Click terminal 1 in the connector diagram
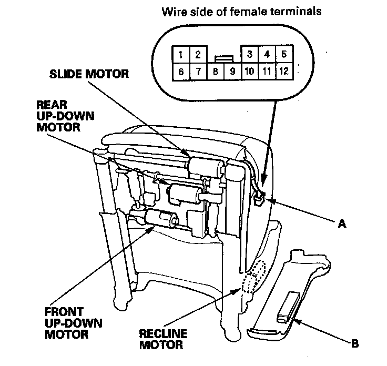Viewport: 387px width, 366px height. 180,54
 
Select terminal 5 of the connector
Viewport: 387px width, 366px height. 283,54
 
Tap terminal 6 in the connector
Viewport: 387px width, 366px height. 180,71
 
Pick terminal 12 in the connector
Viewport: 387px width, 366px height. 283,71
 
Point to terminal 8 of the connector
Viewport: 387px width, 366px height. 216,71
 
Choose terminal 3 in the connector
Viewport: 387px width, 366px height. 250,54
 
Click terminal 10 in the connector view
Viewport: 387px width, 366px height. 250,71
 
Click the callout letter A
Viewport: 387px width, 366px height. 341,223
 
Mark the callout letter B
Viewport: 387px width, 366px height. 355,344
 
